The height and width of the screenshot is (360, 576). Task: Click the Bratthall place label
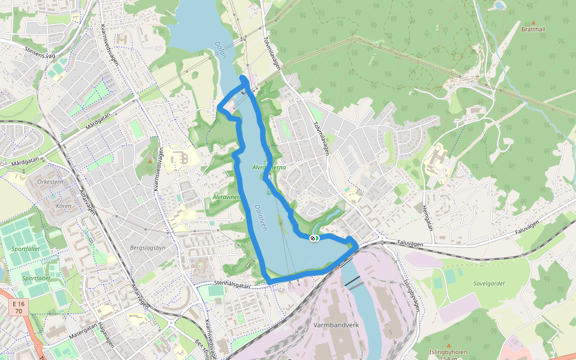pyautogui.click(x=533, y=29)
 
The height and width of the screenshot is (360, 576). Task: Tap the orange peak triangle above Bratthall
pyautogui.click(x=533, y=22)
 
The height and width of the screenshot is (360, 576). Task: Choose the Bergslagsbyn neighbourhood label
pyautogui.click(x=148, y=247)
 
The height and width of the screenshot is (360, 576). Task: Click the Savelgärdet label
pyautogui.click(x=489, y=283)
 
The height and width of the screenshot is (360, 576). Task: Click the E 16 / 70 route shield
pyautogui.click(x=19, y=308)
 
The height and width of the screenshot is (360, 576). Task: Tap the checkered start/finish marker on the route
pyautogui.click(x=313, y=239)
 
